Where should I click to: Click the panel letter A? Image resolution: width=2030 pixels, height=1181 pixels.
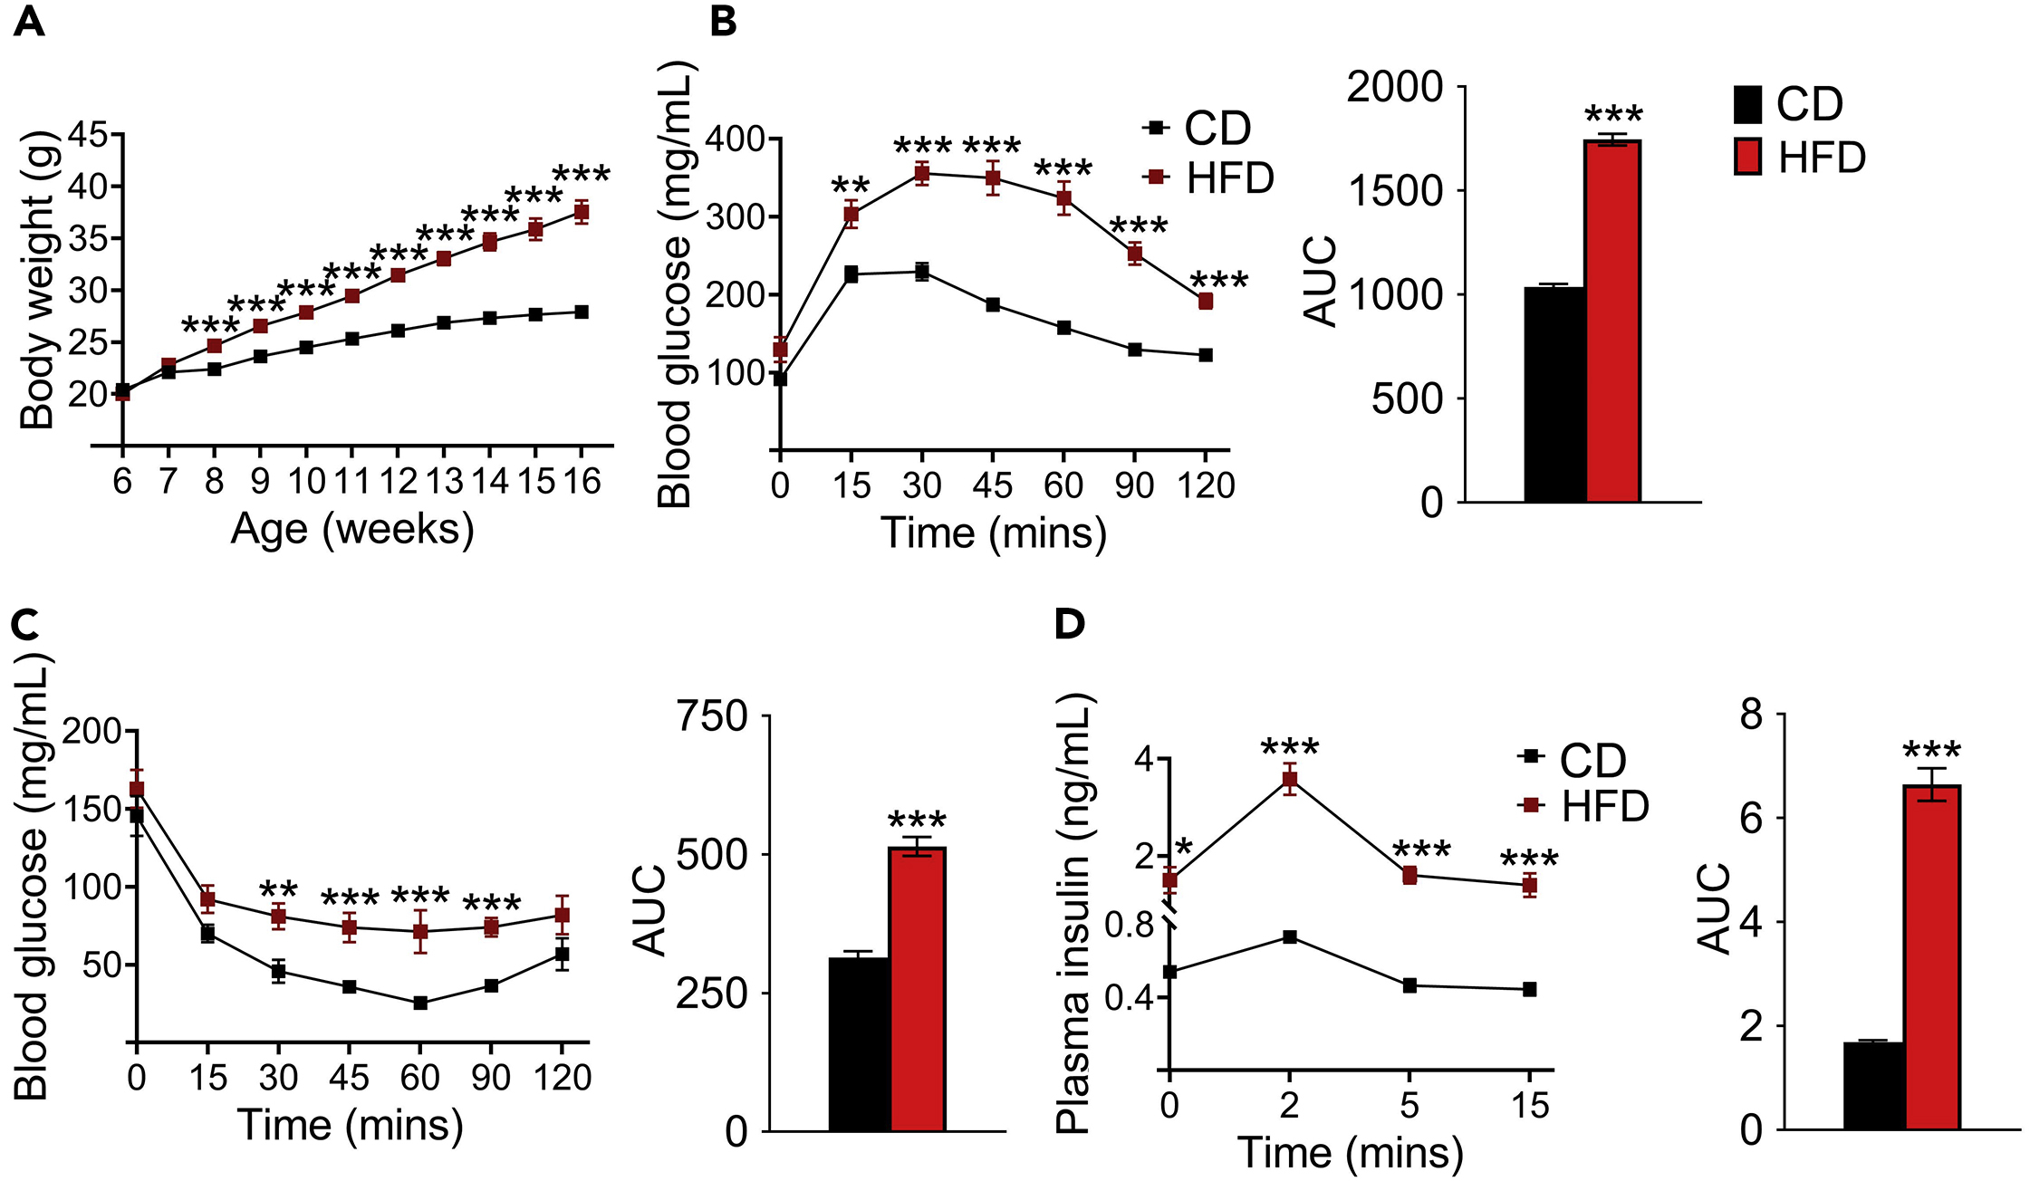pos(29,20)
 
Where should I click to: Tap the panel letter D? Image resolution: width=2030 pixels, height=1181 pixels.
pos(1070,623)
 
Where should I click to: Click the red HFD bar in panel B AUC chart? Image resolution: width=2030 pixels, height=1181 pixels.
pos(1612,321)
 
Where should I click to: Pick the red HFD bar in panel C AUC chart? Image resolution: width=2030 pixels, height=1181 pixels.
pos(918,988)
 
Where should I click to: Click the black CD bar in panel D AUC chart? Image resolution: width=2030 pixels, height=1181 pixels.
pos(1874,1086)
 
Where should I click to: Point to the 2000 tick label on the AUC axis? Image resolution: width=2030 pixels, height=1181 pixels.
pos(1394,88)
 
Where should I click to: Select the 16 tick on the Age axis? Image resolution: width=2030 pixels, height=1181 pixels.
pos(582,482)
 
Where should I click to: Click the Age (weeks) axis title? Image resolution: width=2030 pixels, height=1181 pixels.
pos(352,529)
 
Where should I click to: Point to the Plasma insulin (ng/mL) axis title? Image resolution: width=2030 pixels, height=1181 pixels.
pos(1073,913)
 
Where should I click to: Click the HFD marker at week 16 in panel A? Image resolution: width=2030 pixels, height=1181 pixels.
pos(582,213)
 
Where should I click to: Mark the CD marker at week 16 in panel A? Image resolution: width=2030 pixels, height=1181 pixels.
pos(582,312)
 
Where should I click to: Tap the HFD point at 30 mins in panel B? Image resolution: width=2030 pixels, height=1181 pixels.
pos(922,173)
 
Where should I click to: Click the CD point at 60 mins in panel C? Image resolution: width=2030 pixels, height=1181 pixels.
pos(420,1003)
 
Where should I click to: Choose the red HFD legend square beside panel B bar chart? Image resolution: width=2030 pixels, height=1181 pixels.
pos(1747,157)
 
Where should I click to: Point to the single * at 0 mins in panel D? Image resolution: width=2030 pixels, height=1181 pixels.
pos(1184,850)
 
